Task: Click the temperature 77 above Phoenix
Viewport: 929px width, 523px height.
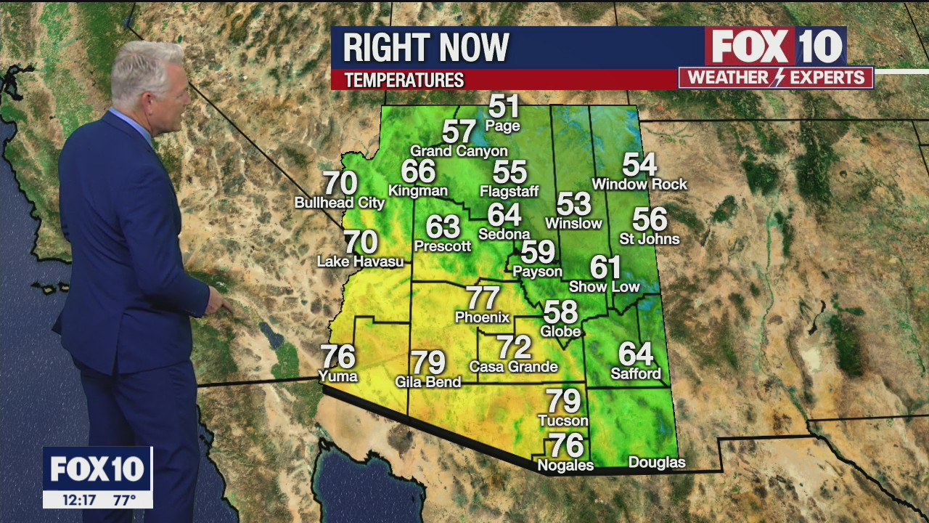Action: (x=483, y=298)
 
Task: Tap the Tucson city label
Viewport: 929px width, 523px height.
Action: (x=563, y=421)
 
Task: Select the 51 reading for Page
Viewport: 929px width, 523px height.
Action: (x=504, y=107)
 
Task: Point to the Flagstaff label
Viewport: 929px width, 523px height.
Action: (x=509, y=192)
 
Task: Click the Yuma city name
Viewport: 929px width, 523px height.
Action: (x=338, y=376)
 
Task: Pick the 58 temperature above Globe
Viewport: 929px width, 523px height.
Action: (x=561, y=312)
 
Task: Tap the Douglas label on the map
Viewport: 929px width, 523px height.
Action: (x=656, y=463)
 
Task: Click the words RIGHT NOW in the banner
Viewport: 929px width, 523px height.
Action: (x=426, y=48)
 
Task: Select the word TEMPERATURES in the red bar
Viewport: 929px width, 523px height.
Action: (x=404, y=80)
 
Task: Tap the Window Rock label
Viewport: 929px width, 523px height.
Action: (x=639, y=185)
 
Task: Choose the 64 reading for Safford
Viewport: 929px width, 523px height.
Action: (x=636, y=354)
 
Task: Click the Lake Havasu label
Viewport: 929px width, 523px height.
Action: (x=360, y=261)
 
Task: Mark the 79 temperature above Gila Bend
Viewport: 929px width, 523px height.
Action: (x=428, y=362)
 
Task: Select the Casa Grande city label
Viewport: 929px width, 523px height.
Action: (x=513, y=367)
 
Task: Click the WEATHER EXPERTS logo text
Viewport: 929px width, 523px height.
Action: (x=776, y=78)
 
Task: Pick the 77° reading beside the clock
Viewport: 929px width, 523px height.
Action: (x=124, y=500)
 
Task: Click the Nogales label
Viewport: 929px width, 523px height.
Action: (x=565, y=466)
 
